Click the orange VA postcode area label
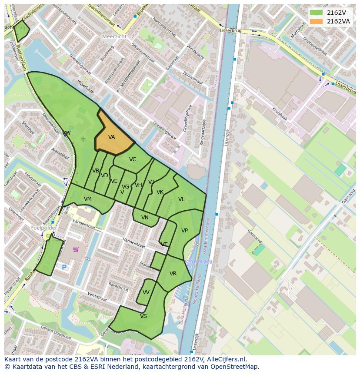112,137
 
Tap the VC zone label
133,159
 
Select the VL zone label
181,199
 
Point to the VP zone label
184,231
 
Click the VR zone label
173,274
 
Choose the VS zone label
143,316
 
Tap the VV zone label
146,292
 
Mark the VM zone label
88,199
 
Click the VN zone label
145,218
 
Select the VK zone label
160,192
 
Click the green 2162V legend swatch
316,13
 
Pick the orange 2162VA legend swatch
316,21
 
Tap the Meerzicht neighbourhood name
114,36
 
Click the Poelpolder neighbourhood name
44,227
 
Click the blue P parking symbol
64,268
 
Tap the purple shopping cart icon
76,249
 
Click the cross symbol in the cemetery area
83,139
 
